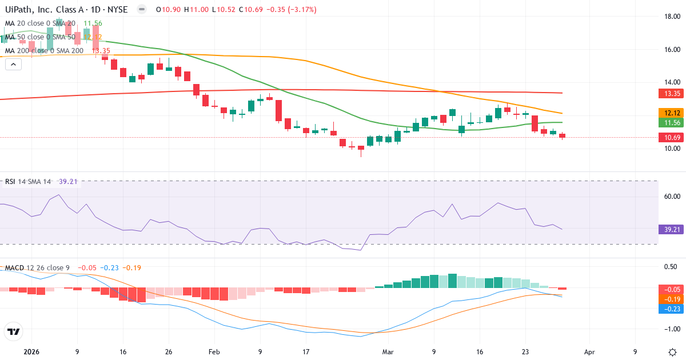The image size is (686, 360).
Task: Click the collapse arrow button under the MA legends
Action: coord(13,64)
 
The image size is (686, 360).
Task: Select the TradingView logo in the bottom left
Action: coord(14,331)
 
